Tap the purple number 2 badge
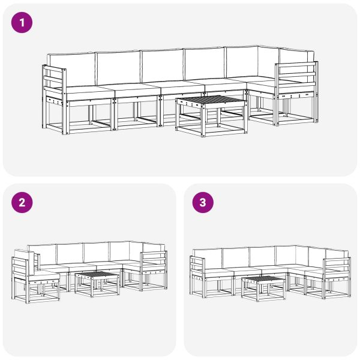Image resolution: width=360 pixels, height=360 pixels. [22, 203]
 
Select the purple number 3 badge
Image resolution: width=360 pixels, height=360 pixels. [202, 203]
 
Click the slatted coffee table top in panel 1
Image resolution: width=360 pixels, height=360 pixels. [211, 100]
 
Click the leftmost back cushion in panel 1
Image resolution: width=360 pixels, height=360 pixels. [71, 68]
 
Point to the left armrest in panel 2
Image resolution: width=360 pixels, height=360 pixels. [25, 267]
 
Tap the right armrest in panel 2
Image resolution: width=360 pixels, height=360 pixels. [154, 262]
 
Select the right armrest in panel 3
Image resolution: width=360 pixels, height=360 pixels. [337, 268]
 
